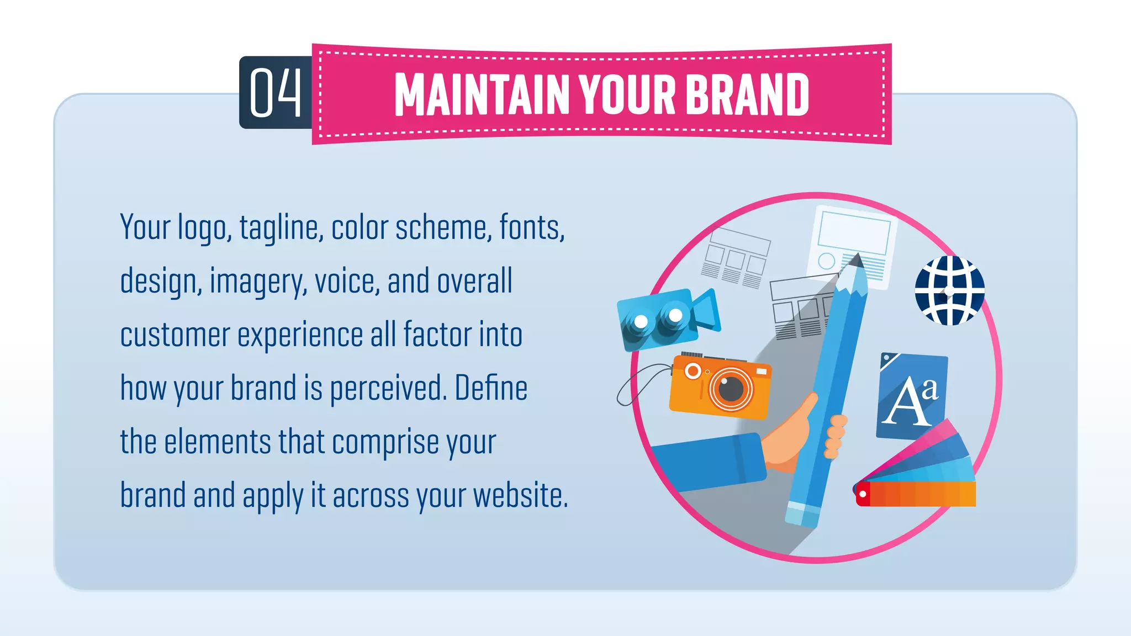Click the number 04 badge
(x=276, y=93)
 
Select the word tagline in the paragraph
(x=281, y=228)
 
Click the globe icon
(x=949, y=290)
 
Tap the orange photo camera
(x=720, y=386)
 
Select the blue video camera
(x=665, y=319)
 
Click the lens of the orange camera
(x=731, y=389)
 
